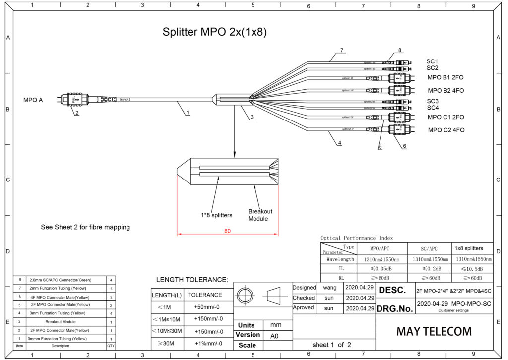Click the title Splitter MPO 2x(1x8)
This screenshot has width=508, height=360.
pos(215,32)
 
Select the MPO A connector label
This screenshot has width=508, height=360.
pos(33,100)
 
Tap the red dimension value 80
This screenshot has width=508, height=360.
pos(227,230)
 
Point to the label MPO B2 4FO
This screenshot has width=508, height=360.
pos(446,91)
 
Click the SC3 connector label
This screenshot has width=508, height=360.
pos(433,101)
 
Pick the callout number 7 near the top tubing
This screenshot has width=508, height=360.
pos(342,50)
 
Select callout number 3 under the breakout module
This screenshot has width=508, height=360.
pos(252,117)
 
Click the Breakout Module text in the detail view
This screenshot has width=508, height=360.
pos(260,215)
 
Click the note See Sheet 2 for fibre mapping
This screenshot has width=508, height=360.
pos(85,227)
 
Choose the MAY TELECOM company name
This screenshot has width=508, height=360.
pos(434,331)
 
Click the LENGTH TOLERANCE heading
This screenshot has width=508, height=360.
pos(192,280)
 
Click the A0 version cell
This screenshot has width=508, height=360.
pos(274,335)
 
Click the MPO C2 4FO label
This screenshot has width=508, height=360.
pos(446,130)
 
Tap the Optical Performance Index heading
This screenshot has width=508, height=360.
pos(357,238)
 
